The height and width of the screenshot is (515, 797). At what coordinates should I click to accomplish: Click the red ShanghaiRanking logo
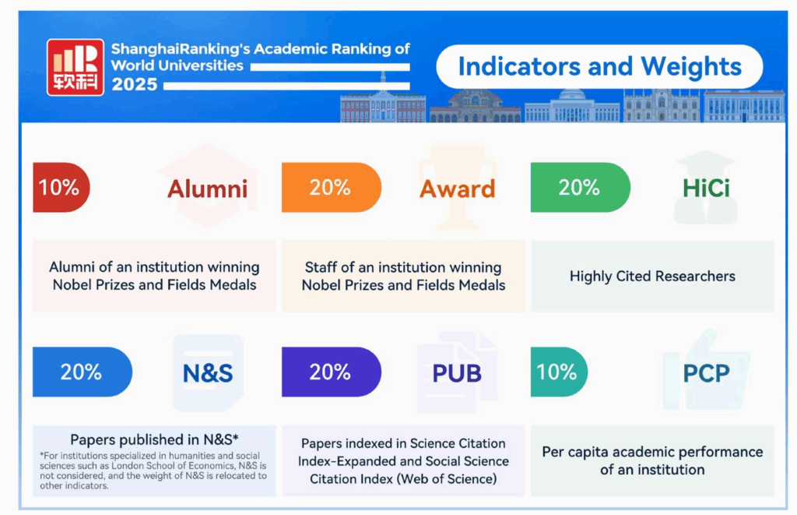(75, 67)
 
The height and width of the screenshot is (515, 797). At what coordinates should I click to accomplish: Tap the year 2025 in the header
(134, 84)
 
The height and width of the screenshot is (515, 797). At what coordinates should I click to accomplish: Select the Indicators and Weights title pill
(599, 67)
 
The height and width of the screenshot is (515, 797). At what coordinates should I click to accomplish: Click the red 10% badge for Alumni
(61, 187)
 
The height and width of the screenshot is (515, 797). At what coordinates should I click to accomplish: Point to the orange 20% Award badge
(332, 187)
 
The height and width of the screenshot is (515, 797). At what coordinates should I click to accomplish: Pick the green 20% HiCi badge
(581, 187)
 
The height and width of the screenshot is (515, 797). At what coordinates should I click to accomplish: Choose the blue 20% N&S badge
(83, 372)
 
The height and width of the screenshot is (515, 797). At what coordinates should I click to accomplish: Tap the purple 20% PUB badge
(332, 372)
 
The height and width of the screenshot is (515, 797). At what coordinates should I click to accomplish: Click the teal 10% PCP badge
(559, 372)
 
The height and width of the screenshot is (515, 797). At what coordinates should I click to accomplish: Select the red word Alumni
(207, 189)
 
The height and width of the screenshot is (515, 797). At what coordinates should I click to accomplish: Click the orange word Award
(457, 189)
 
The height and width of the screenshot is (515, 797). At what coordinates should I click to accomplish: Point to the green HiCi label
(706, 189)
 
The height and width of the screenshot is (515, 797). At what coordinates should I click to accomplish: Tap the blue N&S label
(207, 373)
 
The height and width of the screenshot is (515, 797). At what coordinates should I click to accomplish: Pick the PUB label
(456, 373)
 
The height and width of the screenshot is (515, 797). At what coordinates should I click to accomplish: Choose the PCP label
(706, 373)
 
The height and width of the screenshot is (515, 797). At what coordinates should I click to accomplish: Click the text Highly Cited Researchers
(652, 276)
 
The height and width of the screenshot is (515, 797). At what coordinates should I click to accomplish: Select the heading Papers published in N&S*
(154, 439)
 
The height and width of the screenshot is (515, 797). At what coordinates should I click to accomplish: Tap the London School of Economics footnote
(153, 471)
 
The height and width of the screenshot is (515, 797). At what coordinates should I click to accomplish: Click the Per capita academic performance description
(652, 460)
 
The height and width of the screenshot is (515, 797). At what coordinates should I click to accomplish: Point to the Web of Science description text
(403, 461)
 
